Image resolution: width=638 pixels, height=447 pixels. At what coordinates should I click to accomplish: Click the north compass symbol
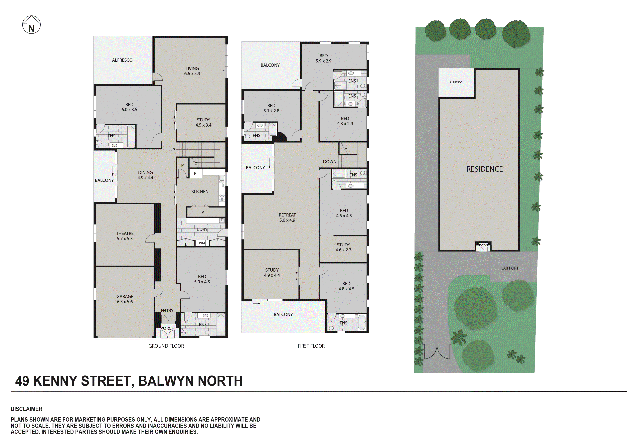pos(31,25)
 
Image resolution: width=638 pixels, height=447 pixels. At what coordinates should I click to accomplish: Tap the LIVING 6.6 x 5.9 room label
pos(192,71)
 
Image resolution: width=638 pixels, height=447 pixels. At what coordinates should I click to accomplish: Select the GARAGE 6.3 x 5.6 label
pos(125,299)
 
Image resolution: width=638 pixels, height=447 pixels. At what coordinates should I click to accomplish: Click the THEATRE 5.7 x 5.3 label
pos(125,236)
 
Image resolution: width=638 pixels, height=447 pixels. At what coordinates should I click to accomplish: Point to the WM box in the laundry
pos(202,243)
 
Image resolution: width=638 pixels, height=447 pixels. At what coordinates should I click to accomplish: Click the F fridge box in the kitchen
pos(195,174)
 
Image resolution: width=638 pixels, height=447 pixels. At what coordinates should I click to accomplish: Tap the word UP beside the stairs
pos(172,150)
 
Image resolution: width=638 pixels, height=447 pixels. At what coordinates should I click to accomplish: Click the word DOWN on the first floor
pos(330,161)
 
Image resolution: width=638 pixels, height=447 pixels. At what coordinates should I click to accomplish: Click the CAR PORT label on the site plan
pos(509,268)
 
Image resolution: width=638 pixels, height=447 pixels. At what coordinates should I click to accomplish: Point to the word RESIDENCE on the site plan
pos(484,169)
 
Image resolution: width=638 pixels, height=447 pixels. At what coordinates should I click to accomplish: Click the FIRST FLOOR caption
pos(311,346)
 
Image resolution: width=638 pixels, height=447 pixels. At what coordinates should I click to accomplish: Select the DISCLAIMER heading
pos(26,409)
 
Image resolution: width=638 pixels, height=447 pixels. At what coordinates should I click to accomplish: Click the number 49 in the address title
pos(22,381)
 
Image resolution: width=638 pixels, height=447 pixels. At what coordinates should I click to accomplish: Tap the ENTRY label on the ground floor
pos(167,310)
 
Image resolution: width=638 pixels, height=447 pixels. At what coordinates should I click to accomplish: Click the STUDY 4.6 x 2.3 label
pos(343,247)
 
